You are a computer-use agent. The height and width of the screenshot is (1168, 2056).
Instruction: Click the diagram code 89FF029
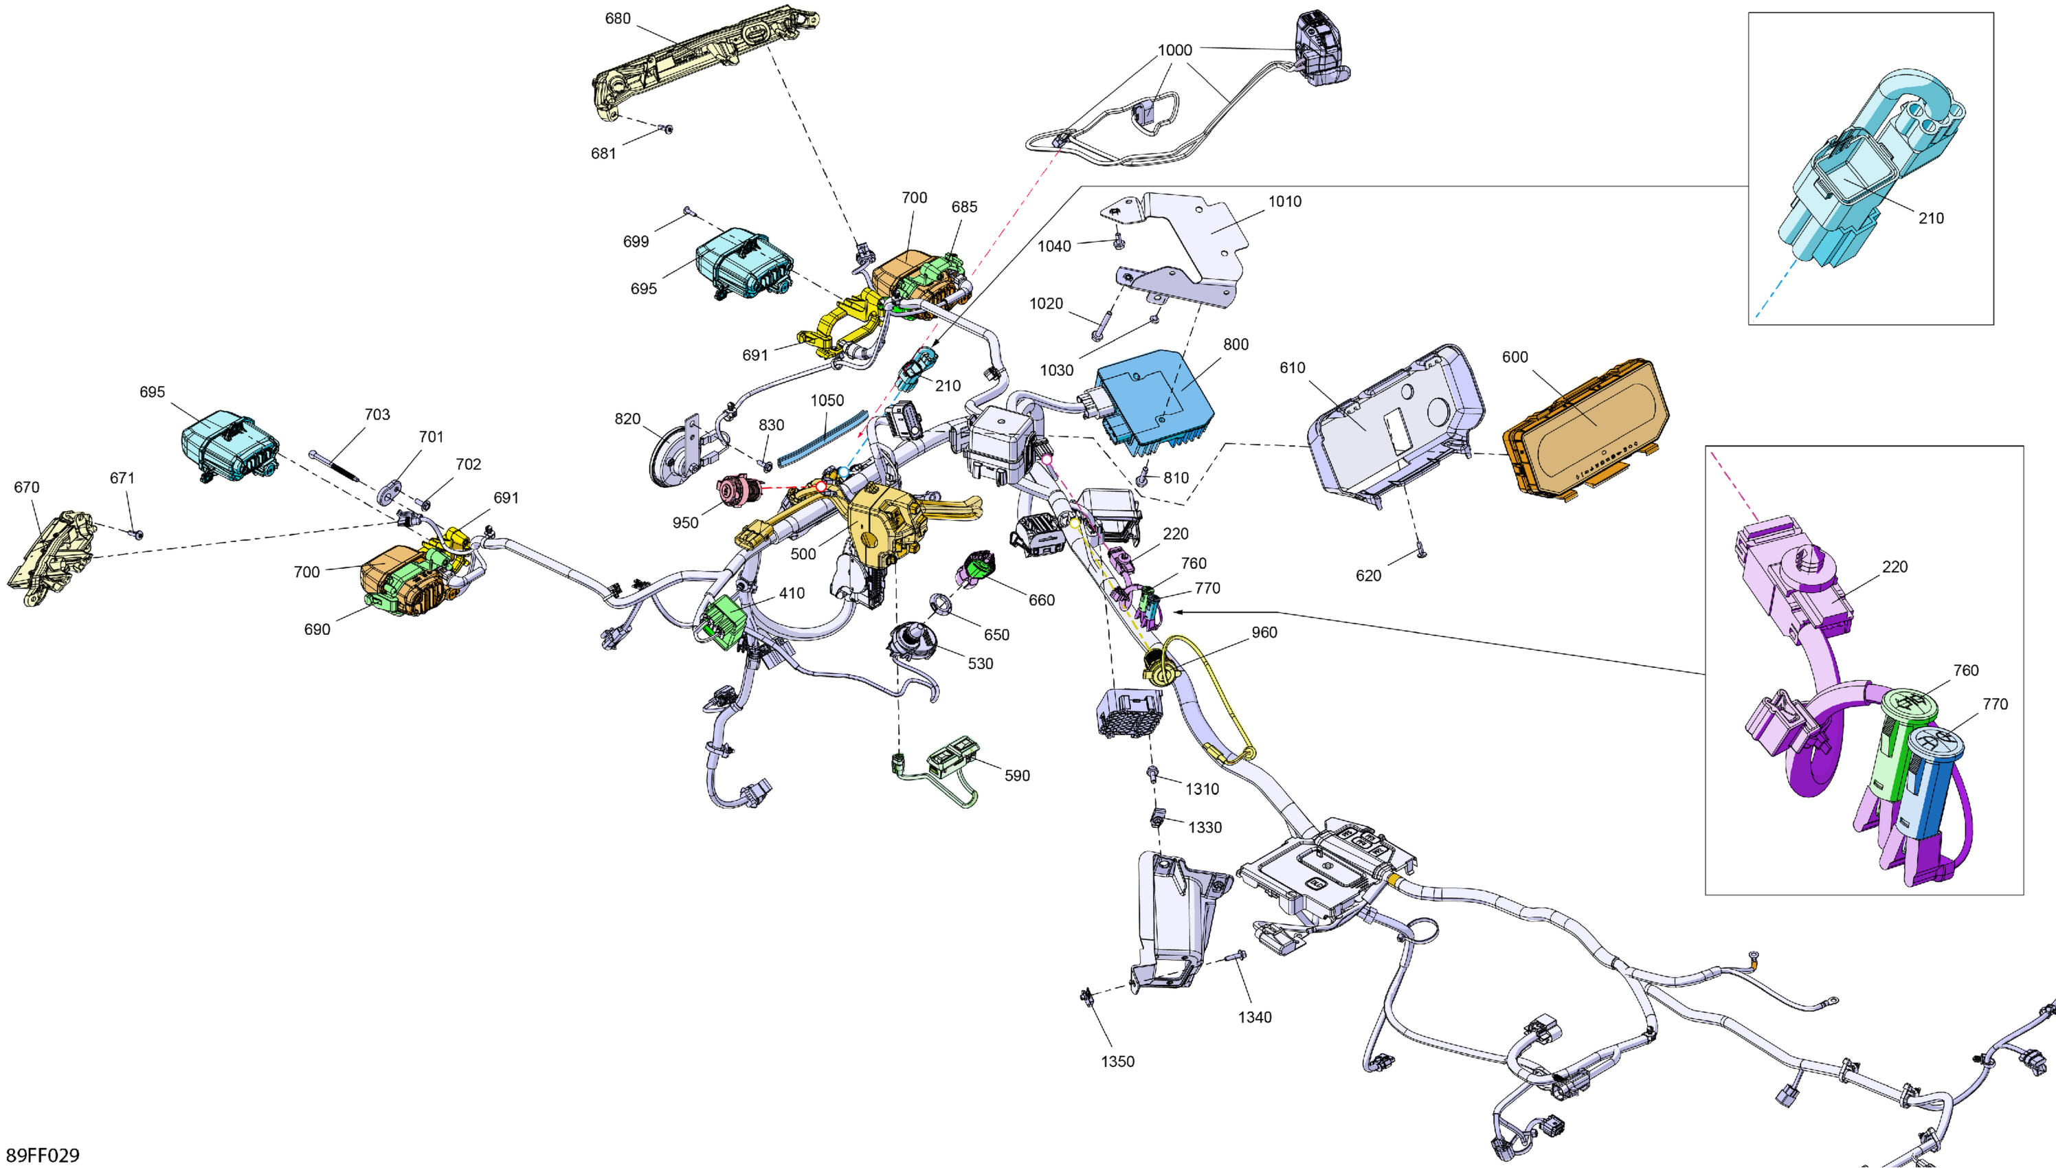(x=43, y=1155)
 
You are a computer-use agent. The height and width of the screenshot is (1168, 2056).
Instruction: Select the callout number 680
(x=617, y=19)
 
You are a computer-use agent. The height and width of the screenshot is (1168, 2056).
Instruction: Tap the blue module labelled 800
(x=1155, y=401)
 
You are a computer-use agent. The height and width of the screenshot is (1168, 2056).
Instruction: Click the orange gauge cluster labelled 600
(x=1585, y=427)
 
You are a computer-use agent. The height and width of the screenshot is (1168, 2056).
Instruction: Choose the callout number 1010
(x=1284, y=202)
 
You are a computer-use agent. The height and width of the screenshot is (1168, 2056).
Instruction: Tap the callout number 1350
(x=1117, y=1062)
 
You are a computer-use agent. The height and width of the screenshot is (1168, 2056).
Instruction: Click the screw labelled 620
(x=1420, y=551)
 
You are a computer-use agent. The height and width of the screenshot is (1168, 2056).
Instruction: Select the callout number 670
(x=27, y=488)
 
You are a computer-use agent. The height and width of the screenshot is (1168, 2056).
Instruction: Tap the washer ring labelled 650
(x=939, y=604)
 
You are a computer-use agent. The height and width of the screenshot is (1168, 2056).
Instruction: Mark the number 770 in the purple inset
(x=1995, y=704)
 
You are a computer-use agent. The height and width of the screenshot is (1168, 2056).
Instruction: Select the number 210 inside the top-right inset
(x=1931, y=218)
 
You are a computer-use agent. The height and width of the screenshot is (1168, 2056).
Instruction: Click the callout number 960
(x=1264, y=633)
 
